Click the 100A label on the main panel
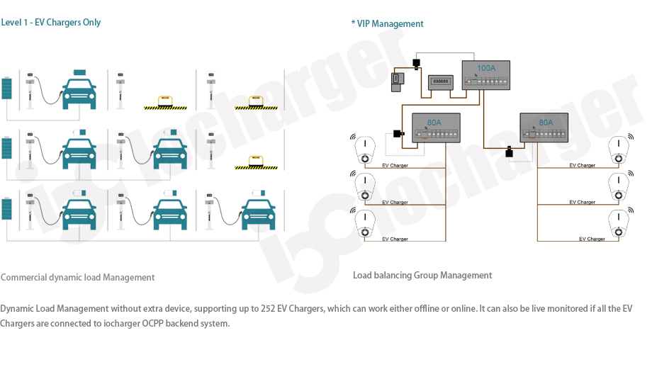[486, 68]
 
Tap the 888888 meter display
[441, 81]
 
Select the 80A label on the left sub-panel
[434, 122]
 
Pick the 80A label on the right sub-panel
[546, 122]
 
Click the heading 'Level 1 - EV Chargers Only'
[51, 23]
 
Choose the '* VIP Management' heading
[387, 24]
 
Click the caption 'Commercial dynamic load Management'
[78, 278]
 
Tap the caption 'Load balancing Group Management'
[422, 276]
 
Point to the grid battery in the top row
[8, 89]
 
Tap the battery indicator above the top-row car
[79, 72]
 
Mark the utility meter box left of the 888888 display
[398, 80]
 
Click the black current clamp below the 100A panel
[509, 152]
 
